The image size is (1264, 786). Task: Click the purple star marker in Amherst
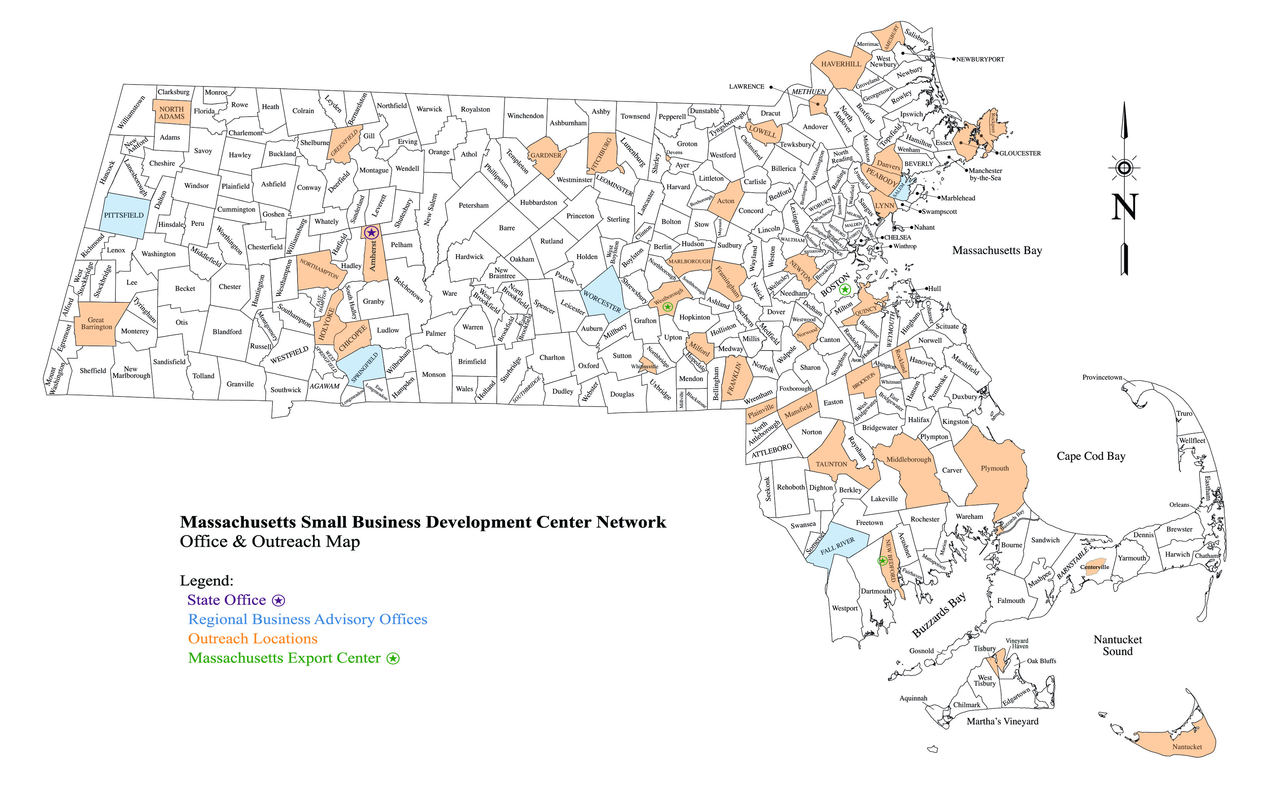371,232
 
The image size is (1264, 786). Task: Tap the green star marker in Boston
845,290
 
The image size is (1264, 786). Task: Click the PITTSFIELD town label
124,215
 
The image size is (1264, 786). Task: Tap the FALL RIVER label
837,546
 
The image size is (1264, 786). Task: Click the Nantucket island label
1187,747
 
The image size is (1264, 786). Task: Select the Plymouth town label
994,468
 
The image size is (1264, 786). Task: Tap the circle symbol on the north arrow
1124,168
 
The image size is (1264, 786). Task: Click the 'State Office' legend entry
227,600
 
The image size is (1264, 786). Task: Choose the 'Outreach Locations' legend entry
252,639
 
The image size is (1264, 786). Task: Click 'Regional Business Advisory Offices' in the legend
308,619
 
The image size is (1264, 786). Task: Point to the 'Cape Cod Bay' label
1091,456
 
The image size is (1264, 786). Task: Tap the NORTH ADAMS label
171,113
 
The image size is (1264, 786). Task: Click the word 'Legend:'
206,580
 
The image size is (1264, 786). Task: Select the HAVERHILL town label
841,64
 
